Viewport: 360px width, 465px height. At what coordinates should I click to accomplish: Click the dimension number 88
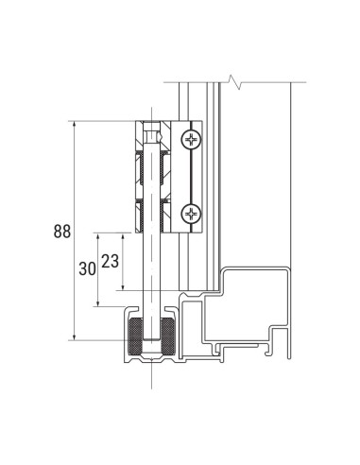coord(60,230)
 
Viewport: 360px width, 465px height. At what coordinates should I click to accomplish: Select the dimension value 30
coord(87,268)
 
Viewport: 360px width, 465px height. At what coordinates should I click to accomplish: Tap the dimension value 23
coord(110,262)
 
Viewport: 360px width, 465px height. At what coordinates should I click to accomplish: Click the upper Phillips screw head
coord(193,140)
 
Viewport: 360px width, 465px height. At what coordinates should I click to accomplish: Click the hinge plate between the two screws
coord(193,177)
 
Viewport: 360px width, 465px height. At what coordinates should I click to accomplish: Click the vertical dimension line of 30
coord(98,284)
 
